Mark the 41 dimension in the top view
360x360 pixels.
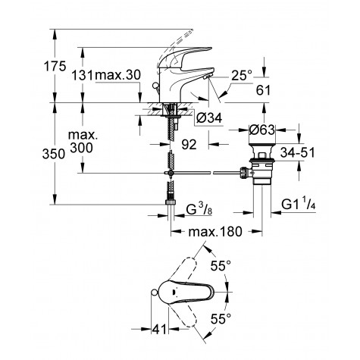(x=157, y=328)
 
